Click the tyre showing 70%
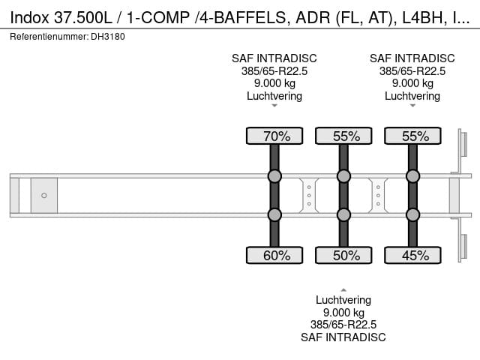tap(274, 136)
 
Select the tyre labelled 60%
tap(274, 255)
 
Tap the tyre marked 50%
tap(343, 255)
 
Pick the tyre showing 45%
tap(412, 255)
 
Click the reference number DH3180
tap(108, 37)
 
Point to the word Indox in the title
tap(29, 18)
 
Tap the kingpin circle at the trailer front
tap(44, 195)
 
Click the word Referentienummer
tap(49, 37)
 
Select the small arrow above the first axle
tap(274, 106)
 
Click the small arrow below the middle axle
tap(343, 290)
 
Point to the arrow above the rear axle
tap(412, 106)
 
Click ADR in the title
tap(313, 18)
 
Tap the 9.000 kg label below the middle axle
tap(343, 313)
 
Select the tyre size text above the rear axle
tap(412, 71)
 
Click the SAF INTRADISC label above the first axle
tap(274, 58)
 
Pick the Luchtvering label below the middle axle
tap(343, 300)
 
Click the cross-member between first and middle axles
tap(309, 195)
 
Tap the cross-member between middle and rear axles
tap(378, 195)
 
